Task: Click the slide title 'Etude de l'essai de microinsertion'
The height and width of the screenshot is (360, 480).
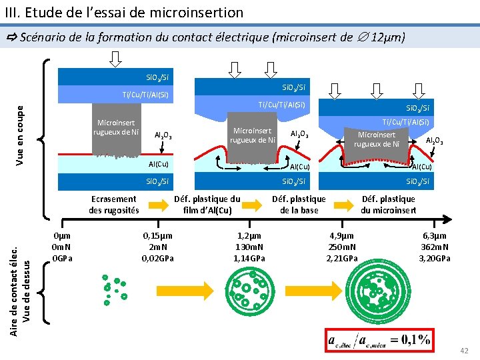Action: click(x=127, y=12)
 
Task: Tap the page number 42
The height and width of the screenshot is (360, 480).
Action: click(x=464, y=351)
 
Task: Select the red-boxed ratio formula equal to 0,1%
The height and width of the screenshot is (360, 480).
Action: click(x=378, y=340)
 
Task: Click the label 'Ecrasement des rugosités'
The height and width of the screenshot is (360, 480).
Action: click(x=113, y=205)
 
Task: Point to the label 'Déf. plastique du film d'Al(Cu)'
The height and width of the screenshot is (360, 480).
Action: click(x=207, y=205)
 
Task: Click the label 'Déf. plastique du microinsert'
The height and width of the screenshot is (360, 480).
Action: click(x=388, y=205)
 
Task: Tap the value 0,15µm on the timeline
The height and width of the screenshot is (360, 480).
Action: click(x=157, y=236)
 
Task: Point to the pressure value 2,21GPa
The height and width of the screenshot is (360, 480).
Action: click(x=342, y=259)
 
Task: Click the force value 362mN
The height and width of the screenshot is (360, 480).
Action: click(x=436, y=247)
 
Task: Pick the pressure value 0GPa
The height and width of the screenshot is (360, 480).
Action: click(x=62, y=259)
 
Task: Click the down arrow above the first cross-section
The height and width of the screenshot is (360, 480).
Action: click(x=115, y=59)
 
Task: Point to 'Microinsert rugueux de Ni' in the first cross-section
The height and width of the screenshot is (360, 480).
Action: click(x=116, y=127)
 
